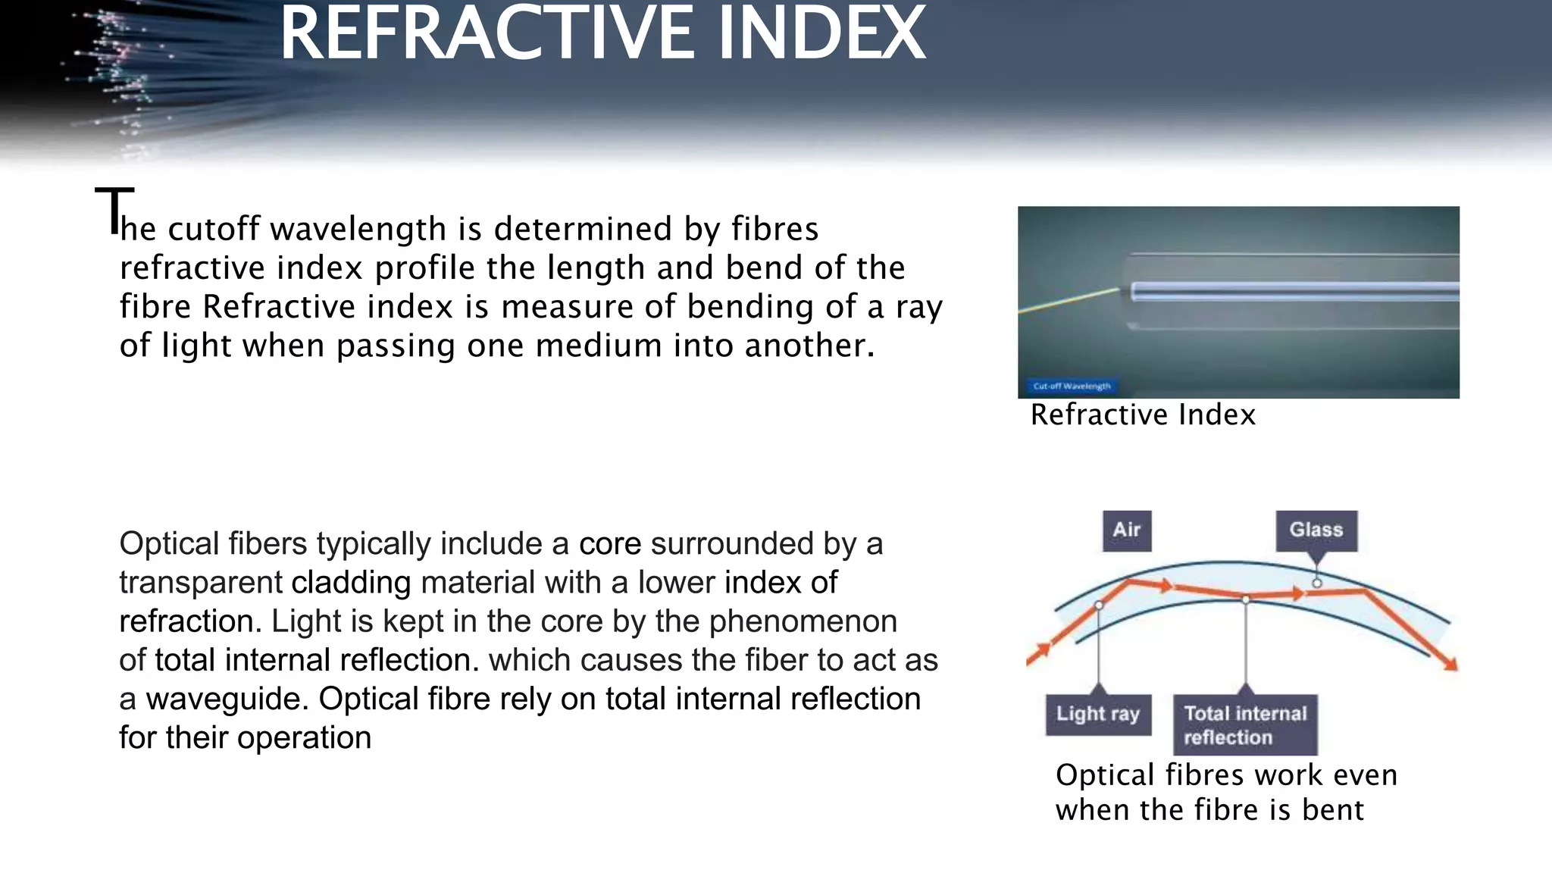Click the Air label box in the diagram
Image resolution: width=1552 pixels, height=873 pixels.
coord(1127,530)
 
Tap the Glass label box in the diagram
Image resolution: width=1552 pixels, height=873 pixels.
coord(1316,530)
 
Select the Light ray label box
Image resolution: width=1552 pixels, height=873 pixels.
coord(1098,714)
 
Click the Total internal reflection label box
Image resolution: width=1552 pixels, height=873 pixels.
coord(1245,724)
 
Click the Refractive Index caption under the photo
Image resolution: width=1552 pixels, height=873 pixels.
coord(1143,415)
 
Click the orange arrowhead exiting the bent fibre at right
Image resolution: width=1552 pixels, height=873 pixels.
coord(1449,664)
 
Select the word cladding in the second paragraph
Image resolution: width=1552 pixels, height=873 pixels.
coord(351,583)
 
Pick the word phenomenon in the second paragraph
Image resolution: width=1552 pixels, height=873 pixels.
coord(803,621)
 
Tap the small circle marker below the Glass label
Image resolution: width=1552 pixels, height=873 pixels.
coord(1317,583)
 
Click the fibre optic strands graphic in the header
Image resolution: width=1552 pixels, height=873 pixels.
coord(121,76)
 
